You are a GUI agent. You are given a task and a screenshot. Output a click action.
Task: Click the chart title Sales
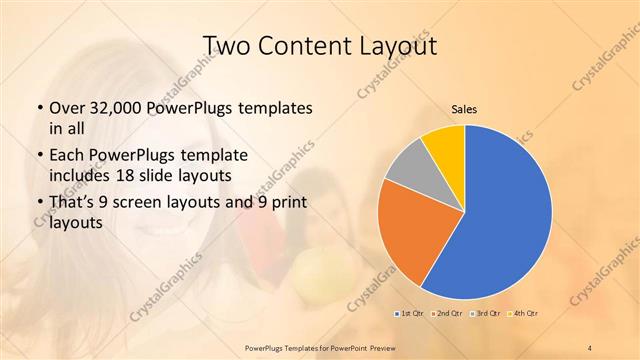465,109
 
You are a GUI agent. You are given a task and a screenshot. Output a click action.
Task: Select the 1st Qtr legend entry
410,314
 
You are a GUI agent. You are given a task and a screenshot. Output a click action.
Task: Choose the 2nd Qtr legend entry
446,314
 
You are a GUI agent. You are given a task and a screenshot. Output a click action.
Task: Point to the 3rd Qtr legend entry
483,314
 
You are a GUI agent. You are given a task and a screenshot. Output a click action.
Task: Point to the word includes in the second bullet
79,175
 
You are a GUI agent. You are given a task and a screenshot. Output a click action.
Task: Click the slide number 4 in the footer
591,346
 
